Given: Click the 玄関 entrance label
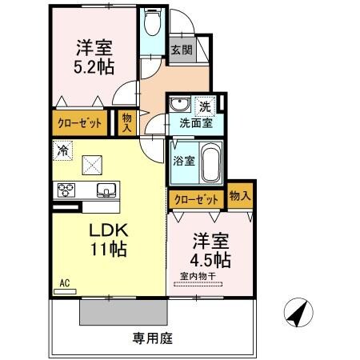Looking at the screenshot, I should click(x=181, y=50).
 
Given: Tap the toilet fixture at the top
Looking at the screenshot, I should click(x=151, y=25).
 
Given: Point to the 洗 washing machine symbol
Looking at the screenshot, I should click(x=206, y=106).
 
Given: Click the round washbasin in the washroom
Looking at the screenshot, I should click(x=178, y=105).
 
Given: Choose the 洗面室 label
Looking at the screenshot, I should click(x=194, y=124).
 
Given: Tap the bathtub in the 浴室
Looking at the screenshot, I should click(x=211, y=162).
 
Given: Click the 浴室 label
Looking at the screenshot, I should click(x=183, y=160).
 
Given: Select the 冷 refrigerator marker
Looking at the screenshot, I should click(x=62, y=149).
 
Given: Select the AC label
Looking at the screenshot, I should click(x=65, y=282).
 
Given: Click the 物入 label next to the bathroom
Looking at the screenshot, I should click(x=239, y=194).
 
